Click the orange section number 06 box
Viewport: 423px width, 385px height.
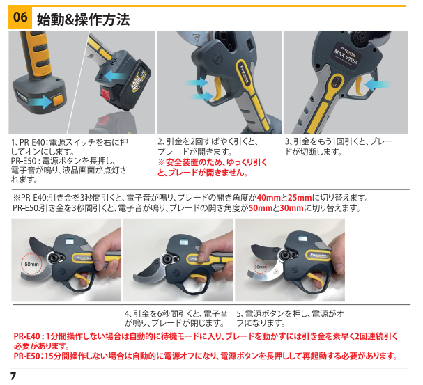20,17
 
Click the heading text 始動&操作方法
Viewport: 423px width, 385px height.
83,19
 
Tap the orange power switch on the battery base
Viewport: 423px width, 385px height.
58,100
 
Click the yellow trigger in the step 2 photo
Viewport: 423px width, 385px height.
218,89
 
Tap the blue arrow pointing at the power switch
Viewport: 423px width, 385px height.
40,102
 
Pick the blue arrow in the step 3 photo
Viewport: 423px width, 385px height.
378,84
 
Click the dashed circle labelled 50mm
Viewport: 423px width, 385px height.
31,264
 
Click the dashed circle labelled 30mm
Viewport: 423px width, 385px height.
260,267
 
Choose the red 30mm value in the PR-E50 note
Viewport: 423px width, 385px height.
291,208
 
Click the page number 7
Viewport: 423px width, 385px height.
13,376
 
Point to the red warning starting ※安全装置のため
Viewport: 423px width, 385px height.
213,167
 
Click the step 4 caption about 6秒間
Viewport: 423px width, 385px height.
176,318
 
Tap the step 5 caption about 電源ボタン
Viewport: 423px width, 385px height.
290,318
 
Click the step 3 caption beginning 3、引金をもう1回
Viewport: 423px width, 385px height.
339,147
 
